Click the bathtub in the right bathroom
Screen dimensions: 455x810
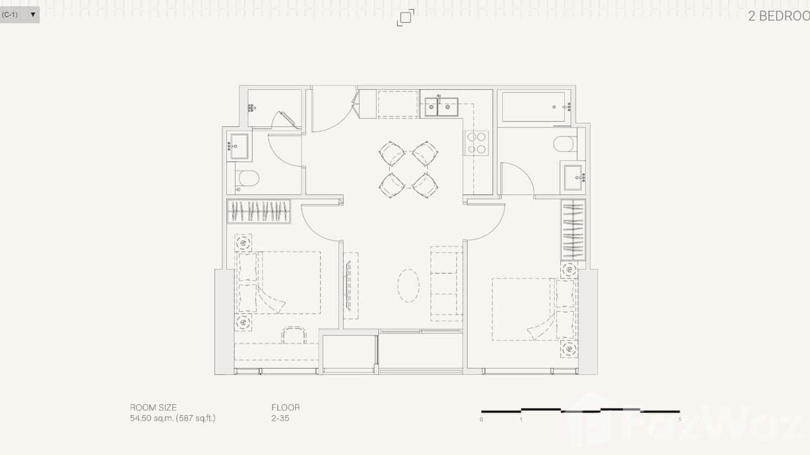click(x=534, y=107)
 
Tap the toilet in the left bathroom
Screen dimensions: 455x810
click(x=248, y=178)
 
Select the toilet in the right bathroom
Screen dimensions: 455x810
click(x=564, y=144)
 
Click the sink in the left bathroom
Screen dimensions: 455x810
click(x=239, y=146)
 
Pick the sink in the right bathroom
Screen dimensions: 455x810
click(x=573, y=177)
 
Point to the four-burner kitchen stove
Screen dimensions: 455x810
click(x=476, y=143)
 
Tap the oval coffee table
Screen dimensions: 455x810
click(x=409, y=285)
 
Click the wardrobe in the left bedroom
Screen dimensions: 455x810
click(x=259, y=212)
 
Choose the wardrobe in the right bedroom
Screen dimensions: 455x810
click(x=573, y=229)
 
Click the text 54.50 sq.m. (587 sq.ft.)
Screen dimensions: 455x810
click(x=173, y=418)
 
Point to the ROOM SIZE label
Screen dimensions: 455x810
click(x=153, y=407)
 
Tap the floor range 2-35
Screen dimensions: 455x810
click(x=280, y=418)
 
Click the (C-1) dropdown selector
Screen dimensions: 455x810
click(x=19, y=14)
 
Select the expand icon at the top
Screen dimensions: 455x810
click(x=406, y=17)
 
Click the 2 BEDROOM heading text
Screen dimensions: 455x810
click(x=779, y=16)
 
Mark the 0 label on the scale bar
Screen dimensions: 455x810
click(x=482, y=419)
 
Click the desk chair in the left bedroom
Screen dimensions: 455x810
click(x=294, y=335)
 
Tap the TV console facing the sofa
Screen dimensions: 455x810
click(x=351, y=285)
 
